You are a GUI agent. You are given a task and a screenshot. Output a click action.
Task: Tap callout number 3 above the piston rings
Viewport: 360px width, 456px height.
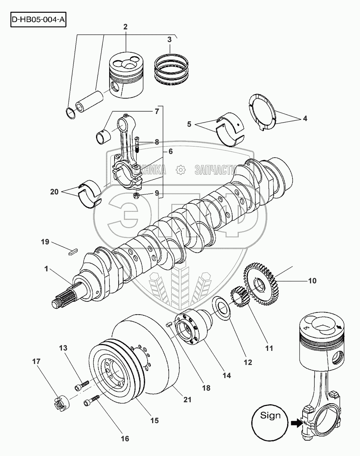(x=170, y=39)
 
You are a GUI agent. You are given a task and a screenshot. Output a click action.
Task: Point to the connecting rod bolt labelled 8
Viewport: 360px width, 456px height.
(x=137, y=146)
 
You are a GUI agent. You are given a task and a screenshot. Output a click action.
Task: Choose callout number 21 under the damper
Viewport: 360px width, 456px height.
(x=187, y=400)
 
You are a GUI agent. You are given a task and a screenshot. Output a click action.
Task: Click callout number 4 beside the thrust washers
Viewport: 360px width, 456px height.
(x=305, y=118)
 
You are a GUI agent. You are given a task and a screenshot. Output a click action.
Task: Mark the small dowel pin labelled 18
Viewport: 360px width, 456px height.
(x=170, y=324)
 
